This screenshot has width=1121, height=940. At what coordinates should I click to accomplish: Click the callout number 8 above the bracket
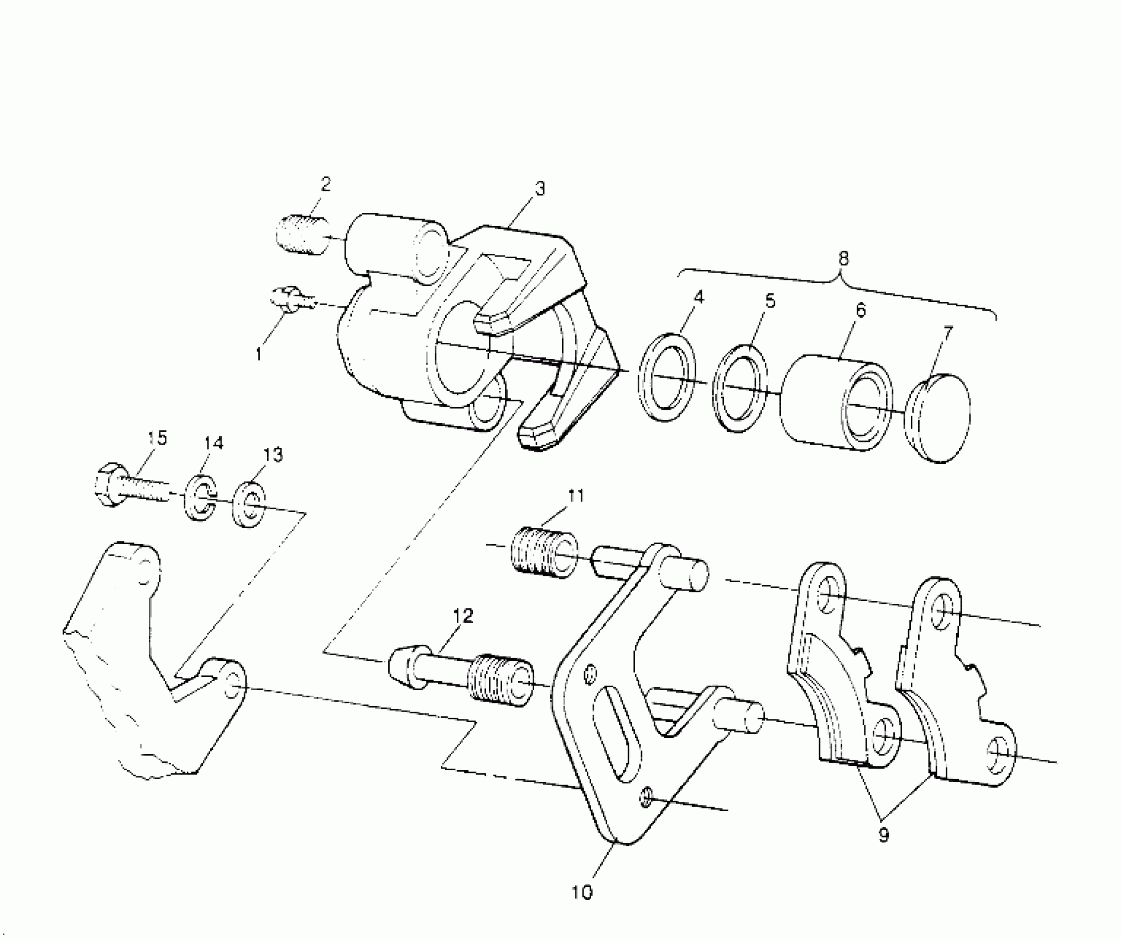[x=843, y=259]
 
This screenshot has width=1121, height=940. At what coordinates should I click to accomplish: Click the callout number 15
[x=158, y=438]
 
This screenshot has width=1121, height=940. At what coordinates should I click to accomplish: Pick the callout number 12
[x=463, y=616]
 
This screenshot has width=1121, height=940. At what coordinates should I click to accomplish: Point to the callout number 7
[x=947, y=333]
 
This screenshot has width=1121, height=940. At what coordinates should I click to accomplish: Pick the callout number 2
[x=325, y=184]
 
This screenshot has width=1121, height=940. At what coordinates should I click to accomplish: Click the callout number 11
[x=576, y=495]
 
